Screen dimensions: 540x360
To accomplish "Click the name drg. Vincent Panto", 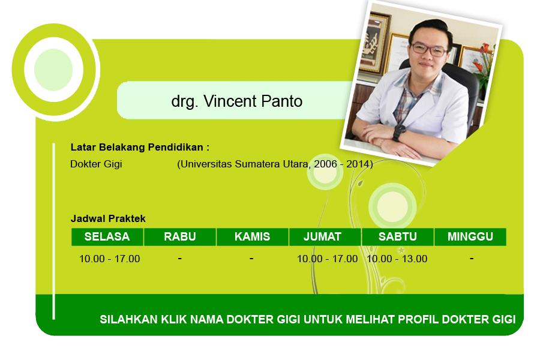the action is click(236, 101).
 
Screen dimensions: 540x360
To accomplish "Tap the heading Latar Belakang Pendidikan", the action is click(140, 148).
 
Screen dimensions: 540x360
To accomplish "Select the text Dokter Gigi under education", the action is click(96, 164).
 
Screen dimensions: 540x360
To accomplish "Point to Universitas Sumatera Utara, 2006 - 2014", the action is click(275, 164).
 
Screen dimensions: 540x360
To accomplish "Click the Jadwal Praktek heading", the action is click(108, 218).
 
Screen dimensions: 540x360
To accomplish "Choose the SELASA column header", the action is click(107, 236).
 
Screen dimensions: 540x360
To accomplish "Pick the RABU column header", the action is click(180, 236).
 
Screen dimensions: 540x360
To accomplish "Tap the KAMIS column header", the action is click(253, 236).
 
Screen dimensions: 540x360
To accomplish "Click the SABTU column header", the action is click(398, 236).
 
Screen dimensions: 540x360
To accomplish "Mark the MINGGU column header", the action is click(470, 236).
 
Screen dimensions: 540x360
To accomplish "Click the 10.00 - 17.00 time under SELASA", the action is click(110, 259).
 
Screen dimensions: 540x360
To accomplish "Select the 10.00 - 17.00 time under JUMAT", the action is click(327, 259).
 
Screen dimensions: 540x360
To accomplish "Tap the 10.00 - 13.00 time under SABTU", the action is click(397, 259).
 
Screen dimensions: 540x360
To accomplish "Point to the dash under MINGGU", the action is click(472, 258).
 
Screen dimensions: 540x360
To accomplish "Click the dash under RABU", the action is click(180, 258).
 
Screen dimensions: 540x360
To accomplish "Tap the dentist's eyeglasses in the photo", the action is click(429, 50).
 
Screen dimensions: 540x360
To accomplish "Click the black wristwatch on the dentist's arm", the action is click(399, 132).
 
